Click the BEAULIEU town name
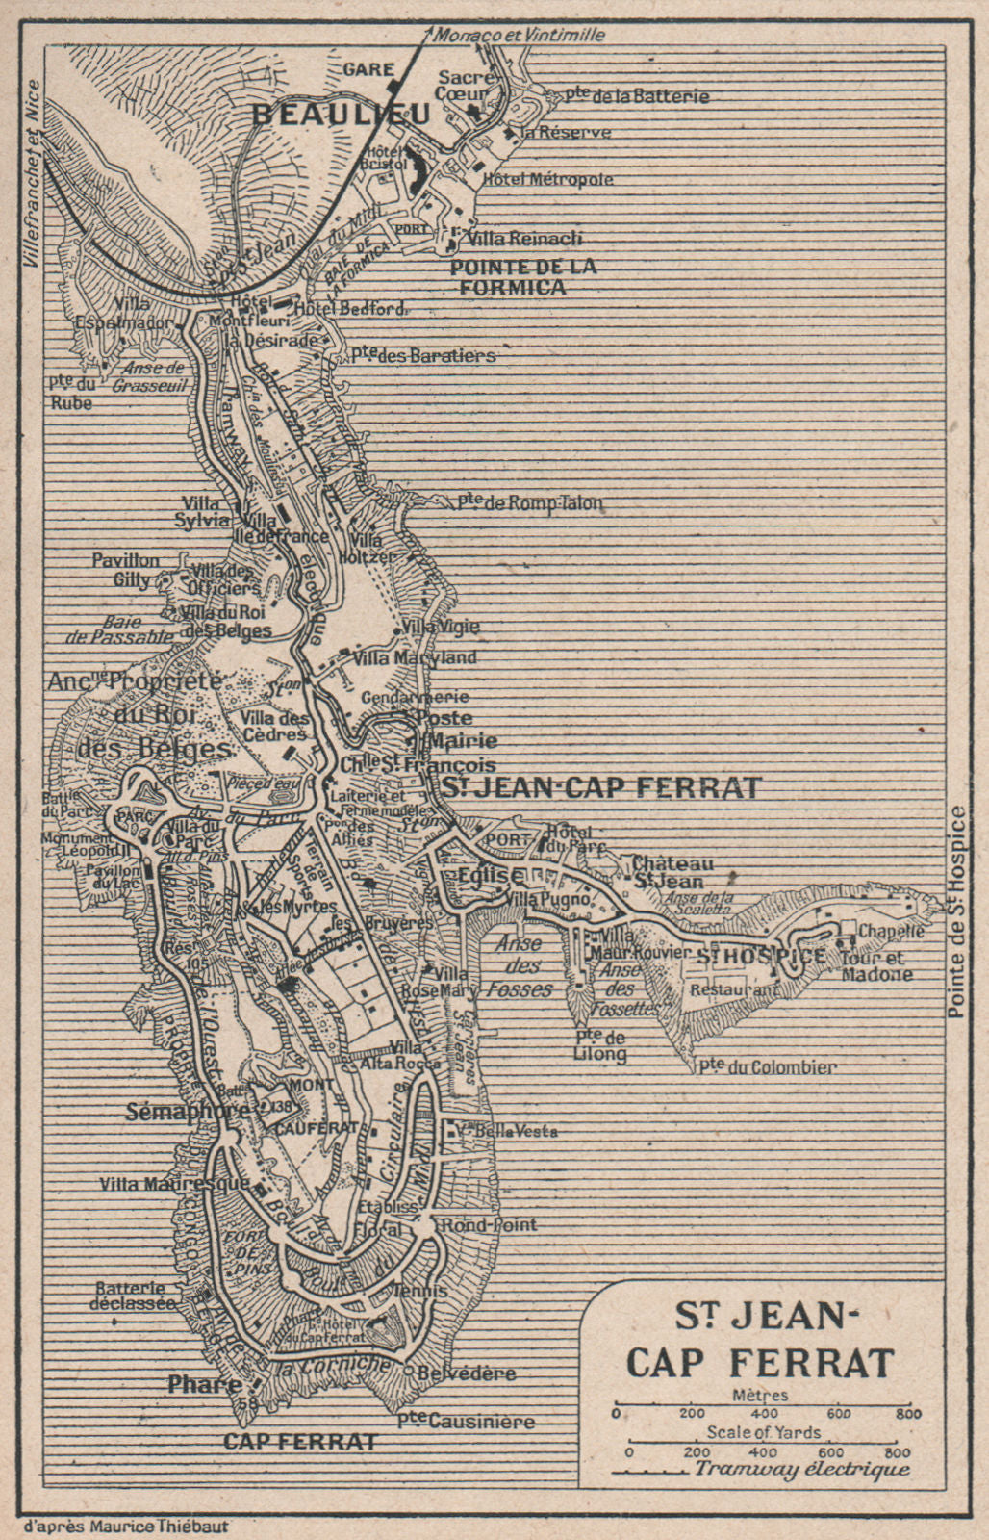point(341,114)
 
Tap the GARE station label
point(368,69)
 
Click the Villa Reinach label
point(523,238)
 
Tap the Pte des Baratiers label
point(422,355)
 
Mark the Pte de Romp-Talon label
point(530,501)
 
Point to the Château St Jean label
point(672,872)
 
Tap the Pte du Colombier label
point(755,1066)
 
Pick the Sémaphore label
point(188,1110)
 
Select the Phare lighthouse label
point(204,1385)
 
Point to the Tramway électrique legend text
point(800,1469)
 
